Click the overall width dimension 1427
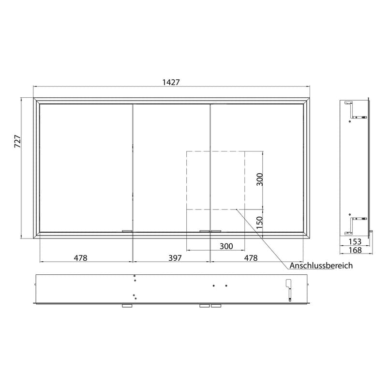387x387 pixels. tap(171, 82)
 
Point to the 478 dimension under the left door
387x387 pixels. tap(81, 258)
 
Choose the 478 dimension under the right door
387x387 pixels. tap(250, 258)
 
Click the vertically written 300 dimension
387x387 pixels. tap(259, 179)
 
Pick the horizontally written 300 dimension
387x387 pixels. tap(226, 246)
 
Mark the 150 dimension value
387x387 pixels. tap(259, 222)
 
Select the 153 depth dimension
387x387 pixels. tap(356, 241)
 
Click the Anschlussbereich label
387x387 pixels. tap(321, 266)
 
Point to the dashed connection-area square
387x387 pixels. tap(216, 180)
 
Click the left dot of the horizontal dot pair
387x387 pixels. tap(214, 285)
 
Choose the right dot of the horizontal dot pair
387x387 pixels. tap(226, 285)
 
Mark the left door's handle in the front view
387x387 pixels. tap(127, 231)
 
